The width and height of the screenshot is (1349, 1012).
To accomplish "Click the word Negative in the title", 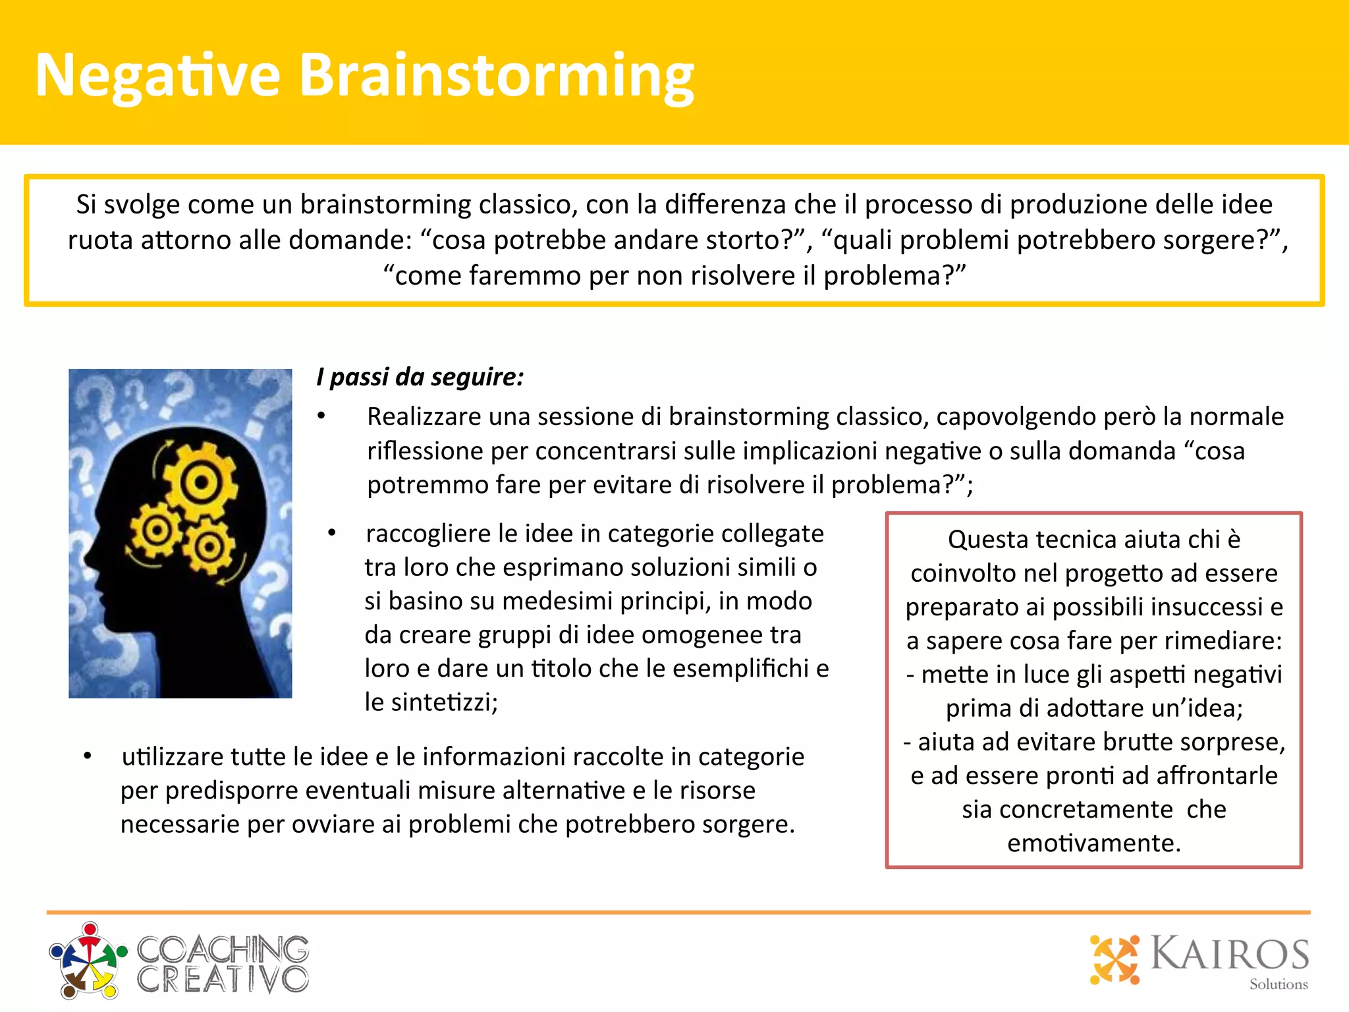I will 158,76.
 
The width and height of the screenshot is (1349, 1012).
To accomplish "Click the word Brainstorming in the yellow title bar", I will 497,76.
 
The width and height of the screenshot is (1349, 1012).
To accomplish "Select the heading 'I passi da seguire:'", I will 420,378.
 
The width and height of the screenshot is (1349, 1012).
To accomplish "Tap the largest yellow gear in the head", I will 200,483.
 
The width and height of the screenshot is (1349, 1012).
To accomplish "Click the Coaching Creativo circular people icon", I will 88,961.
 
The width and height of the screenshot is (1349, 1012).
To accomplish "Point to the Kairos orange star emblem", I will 1115,959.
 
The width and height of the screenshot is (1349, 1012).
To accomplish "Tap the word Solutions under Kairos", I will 1279,984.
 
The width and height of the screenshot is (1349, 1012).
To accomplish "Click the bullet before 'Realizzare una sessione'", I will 321,416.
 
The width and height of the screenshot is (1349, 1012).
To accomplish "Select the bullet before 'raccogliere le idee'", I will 332,533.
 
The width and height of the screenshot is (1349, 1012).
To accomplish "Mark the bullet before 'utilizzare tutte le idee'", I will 88,756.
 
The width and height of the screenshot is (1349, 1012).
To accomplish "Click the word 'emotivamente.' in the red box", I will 1094,843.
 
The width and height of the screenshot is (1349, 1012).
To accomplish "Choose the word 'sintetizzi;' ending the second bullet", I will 431,702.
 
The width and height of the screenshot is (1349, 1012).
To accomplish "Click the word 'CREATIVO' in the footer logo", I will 223,979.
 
